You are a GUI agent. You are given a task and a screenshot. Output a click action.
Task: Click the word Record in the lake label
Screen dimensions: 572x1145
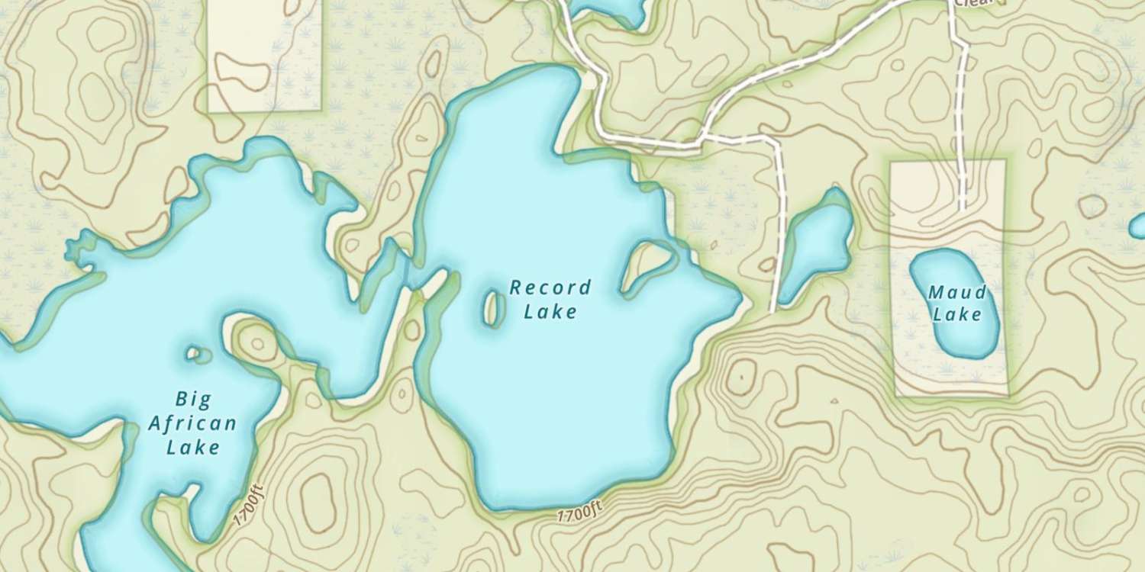coord(550,288)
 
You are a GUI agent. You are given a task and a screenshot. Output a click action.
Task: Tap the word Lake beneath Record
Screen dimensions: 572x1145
coord(550,311)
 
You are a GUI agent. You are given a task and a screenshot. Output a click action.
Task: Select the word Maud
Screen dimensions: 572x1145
coord(957,292)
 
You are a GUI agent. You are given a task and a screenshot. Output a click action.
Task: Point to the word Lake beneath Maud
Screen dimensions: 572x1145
coord(957,314)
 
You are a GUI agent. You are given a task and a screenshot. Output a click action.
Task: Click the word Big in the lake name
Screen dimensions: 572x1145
coord(193,398)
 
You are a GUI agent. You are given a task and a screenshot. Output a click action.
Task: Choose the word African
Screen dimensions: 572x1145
coord(192,423)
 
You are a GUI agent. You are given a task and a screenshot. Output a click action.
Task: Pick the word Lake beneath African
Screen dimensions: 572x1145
coord(193,447)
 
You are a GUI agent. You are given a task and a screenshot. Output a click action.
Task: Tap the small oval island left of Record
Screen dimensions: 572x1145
coord(492,307)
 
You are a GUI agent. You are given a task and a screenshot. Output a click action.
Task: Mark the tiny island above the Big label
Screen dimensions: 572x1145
coord(199,354)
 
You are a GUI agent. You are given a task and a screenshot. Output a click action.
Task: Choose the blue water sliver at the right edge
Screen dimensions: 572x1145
coord(1137,226)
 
